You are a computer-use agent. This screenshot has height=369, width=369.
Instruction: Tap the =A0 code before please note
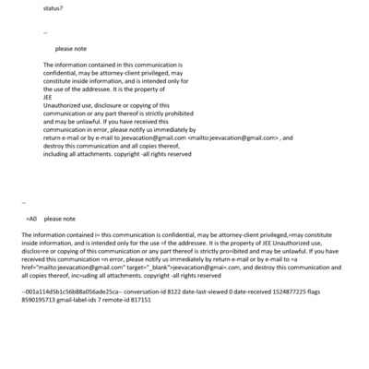30,220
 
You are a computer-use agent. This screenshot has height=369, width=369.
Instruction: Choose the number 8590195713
39,301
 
